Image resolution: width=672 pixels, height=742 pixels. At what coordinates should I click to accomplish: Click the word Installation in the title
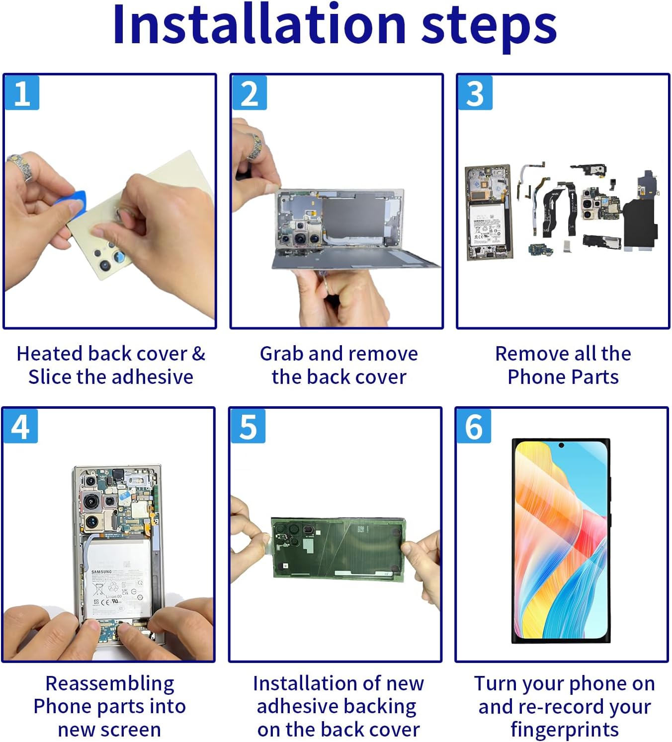pyautogui.click(x=259, y=25)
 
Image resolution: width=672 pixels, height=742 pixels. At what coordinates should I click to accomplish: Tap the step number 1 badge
pyautogui.click(x=22, y=93)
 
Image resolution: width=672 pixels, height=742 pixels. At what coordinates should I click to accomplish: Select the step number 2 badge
pyautogui.click(x=249, y=93)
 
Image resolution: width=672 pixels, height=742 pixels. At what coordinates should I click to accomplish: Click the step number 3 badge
pyautogui.click(x=475, y=93)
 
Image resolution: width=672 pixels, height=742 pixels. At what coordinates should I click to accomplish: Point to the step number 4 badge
pyautogui.click(x=20, y=426)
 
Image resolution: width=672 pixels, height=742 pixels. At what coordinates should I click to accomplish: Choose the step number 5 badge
pyautogui.click(x=248, y=426)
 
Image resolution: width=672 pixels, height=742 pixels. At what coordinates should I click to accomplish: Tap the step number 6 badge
pyautogui.click(x=473, y=426)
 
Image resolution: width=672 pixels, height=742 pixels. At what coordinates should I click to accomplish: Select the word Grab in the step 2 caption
pyautogui.click(x=281, y=354)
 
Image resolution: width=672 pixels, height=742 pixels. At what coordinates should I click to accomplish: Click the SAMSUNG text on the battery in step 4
pyautogui.click(x=101, y=572)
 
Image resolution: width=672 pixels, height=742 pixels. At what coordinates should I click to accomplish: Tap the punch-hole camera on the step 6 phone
pyautogui.click(x=561, y=445)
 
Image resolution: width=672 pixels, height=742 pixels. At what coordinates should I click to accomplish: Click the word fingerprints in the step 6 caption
pyautogui.click(x=564, y=730)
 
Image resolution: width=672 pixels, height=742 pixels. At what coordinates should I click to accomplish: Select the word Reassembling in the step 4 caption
pyautogui.click(x=110, y=683)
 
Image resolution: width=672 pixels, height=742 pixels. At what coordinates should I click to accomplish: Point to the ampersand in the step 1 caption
pyautogui.click(x=198, y=354)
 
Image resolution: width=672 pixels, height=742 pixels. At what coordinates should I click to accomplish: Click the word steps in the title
pyautogui.click(x=489, y=25)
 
